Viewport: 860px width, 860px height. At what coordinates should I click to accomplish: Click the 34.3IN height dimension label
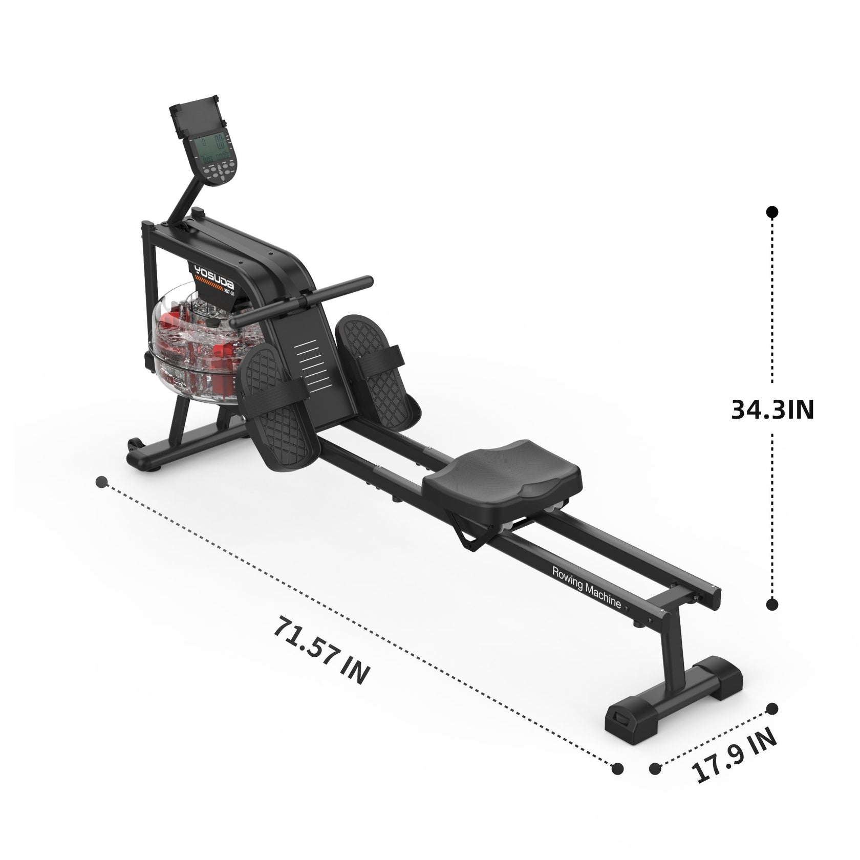click(x=772, y=410)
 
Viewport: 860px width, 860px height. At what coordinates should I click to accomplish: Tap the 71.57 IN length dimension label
click(x=321, y=650)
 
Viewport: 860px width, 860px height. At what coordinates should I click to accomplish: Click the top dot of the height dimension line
click(x=772, y=212)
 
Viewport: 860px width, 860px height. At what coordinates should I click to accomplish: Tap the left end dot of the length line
click(x=102, y=482)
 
